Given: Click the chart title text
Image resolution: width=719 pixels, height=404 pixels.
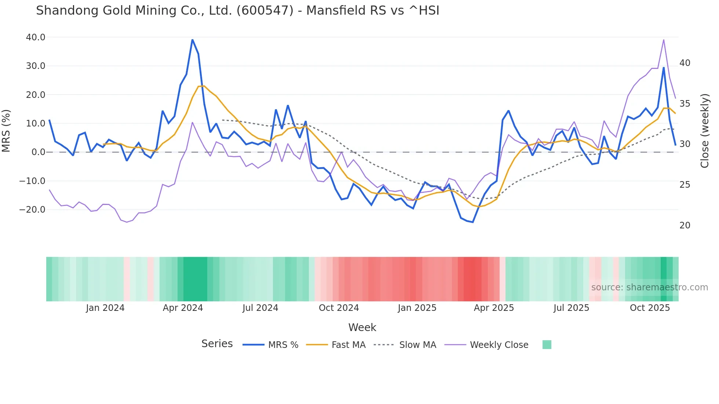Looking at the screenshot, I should click(237, 11).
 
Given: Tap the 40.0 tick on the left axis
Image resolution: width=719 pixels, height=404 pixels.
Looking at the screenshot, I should click(36, 37).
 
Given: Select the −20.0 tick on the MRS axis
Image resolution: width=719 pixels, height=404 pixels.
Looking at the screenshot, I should click(32, 210).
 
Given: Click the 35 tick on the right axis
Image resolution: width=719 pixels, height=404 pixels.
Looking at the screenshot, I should click(685, 104).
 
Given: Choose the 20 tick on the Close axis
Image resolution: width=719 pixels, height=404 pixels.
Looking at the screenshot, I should click(685, 225).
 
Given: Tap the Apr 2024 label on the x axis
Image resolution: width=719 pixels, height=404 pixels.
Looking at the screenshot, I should click(183, 308).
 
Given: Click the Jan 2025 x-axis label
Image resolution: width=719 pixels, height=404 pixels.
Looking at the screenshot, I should click(417, 308).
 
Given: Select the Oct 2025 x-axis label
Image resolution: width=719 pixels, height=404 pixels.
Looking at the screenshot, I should click(650, 308).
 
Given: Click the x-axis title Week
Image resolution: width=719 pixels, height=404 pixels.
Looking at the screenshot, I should click(362, 327).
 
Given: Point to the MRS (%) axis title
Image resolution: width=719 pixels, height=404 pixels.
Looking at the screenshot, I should click(6, 131).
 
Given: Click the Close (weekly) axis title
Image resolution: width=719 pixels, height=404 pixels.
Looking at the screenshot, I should click(705, 131).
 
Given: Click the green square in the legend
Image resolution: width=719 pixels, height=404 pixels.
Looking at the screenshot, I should click(547, 345).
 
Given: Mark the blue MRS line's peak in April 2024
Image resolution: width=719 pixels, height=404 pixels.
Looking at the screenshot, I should click(192, 40).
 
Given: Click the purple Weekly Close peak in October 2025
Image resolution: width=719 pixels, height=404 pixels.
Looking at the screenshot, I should click(664, 40).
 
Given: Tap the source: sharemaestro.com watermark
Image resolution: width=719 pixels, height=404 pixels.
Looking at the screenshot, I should click(649, 287).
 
